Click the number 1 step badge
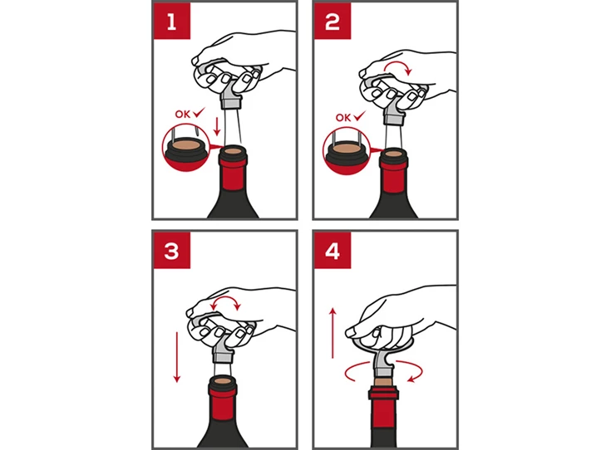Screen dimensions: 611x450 pos(172,21)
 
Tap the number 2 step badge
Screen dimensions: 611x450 pos(333,21)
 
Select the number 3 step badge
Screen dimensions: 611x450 pos(172,250)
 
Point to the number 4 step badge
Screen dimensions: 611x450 pos(333,250)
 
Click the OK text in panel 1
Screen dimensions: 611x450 pos(182,115)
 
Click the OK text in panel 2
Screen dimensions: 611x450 pos(342,118)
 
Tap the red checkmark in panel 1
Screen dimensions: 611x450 pos(199,113)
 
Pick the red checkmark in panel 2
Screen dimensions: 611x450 pos(359,115)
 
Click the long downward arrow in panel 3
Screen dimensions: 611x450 pos(177,357)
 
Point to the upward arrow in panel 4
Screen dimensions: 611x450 pos(333,333)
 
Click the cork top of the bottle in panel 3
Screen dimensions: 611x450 pos(223,380)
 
